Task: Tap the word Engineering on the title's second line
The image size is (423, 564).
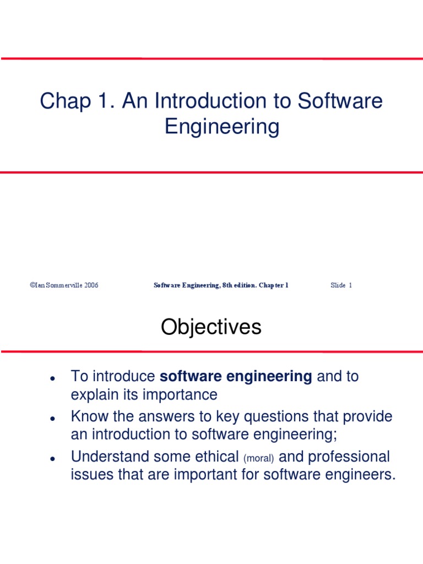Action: click(222, 127)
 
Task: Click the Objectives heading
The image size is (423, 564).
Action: click(211, 328)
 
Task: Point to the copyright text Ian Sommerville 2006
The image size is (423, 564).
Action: click(64, 285)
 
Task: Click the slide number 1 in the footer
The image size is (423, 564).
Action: click(350, 285)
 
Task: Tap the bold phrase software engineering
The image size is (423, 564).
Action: click(236, 377)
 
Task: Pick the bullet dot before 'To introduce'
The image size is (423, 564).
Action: click(51, 379)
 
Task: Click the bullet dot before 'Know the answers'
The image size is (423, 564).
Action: click(51, 419)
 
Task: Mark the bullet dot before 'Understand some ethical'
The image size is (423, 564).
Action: click(51, 458)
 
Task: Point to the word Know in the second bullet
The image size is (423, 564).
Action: click(89, 417)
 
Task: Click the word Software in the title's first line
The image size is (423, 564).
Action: click(340, 101)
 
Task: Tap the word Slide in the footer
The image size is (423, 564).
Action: click(338, 285)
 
